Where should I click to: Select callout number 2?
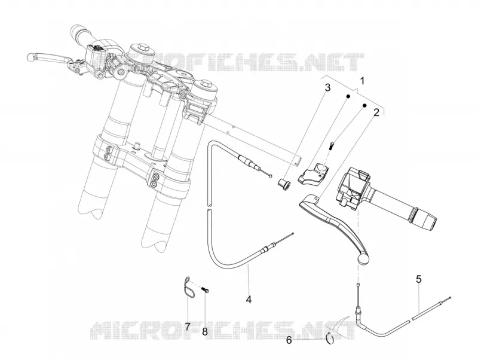(x=376, y=112)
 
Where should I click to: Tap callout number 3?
(x=327, y=88)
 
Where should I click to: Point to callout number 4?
(x=249, y=299)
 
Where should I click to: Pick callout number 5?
(x=419, y=279)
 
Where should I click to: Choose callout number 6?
(x=289, y=340)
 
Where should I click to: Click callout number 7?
(x=188, y=327)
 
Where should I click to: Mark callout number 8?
(x=205, y=331)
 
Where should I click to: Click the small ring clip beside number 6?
(x=330, y=338)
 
